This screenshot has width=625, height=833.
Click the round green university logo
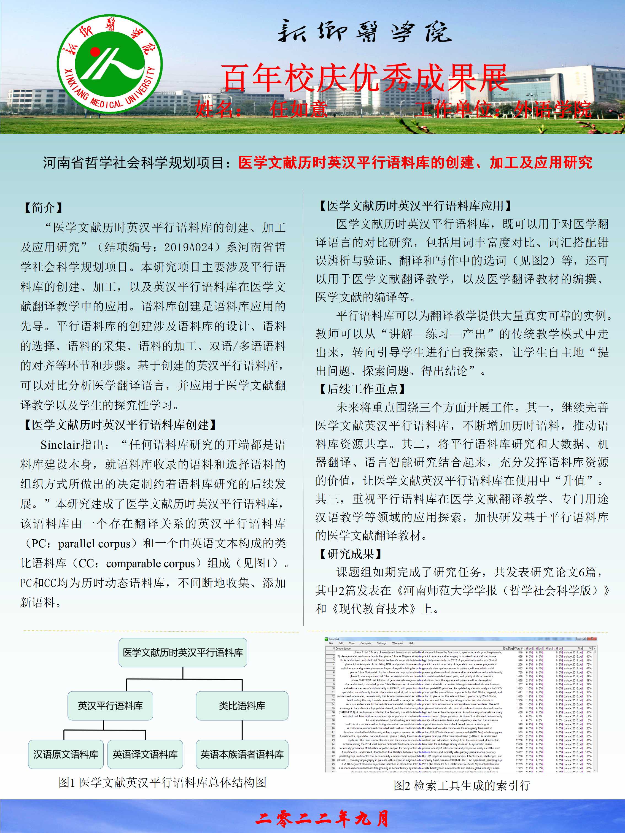click(109, 64)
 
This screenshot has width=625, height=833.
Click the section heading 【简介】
click(42, 207)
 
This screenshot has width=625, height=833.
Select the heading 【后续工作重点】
click(362, 389)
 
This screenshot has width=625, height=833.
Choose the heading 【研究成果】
click(350, 554)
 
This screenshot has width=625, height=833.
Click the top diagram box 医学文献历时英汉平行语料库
click(183, 653)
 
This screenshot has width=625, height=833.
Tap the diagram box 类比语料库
click(242, 706)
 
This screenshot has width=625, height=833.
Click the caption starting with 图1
click(162, 783)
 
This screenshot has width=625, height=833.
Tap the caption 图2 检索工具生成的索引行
click(462, 786)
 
